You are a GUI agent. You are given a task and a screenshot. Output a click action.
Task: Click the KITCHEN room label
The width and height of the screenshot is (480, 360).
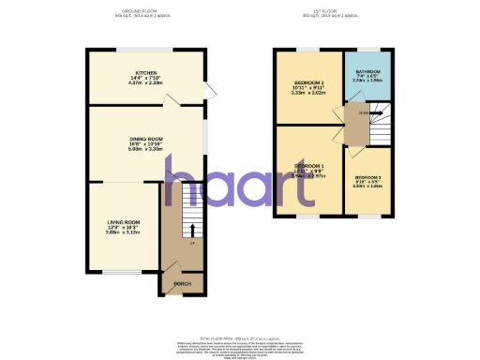145,72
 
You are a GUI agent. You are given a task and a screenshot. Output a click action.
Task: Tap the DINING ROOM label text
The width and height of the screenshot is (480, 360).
146,139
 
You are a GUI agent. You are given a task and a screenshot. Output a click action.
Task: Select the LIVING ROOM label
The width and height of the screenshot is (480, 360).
122,221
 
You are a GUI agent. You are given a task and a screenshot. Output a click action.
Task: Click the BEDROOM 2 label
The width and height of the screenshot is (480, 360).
309,83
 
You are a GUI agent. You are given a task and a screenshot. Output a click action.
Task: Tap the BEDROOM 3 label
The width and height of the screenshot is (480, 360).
368,177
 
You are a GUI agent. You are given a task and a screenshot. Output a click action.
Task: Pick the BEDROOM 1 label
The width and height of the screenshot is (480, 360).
309,165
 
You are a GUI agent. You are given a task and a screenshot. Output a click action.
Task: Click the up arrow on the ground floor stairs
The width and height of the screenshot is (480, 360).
192,228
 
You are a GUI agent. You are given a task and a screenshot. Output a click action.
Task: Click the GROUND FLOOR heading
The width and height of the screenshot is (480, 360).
146,12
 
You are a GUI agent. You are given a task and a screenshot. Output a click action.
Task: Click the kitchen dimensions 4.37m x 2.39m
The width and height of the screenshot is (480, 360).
145,82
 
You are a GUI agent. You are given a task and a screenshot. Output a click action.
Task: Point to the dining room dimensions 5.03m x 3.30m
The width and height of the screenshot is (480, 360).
146,149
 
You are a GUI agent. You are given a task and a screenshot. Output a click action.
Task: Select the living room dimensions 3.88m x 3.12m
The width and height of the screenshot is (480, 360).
122,232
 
